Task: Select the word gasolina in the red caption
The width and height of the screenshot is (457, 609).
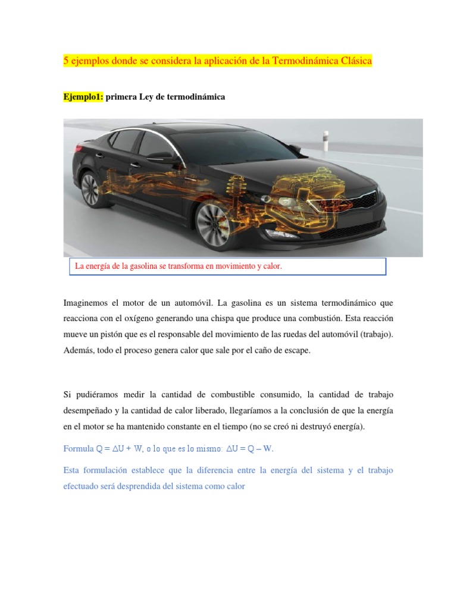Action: [145, 266]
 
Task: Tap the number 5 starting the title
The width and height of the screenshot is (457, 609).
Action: [66, 62]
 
